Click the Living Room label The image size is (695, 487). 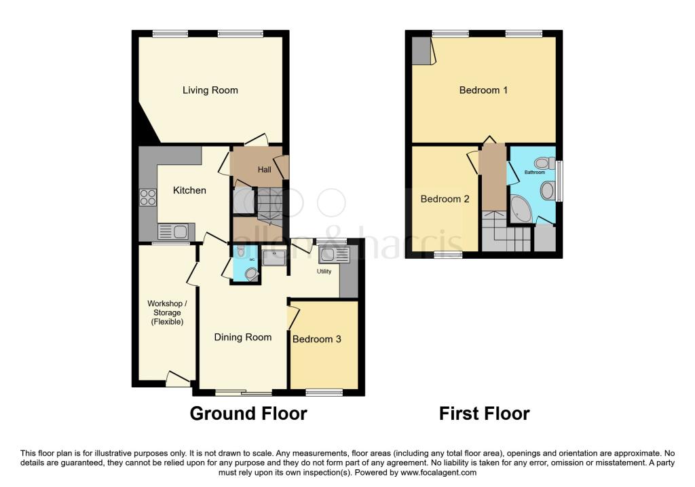[x=210, y=90]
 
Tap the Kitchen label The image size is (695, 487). [x=189, y=190]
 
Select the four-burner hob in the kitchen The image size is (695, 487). [x=148, y=198]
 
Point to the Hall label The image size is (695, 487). [x=265, y=169]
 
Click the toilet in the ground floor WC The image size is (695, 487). [x=251, y=274]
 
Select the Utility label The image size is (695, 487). [x=324, y=272]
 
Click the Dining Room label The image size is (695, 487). [x=243, y=337]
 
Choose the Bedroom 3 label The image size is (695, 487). [x=317, y=340]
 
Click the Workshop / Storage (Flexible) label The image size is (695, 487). [x=167, y=312]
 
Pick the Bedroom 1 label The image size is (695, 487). [x=483, y=90]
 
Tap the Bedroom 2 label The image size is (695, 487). [x=445, y=199]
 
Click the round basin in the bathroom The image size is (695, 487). [x=547, y=191]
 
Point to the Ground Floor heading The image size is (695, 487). [x=248, y=414]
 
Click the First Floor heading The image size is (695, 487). [x=485, y=414]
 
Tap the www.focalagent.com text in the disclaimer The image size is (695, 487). [x=438, y=473]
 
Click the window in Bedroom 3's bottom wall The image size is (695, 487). [x=324, y=393]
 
